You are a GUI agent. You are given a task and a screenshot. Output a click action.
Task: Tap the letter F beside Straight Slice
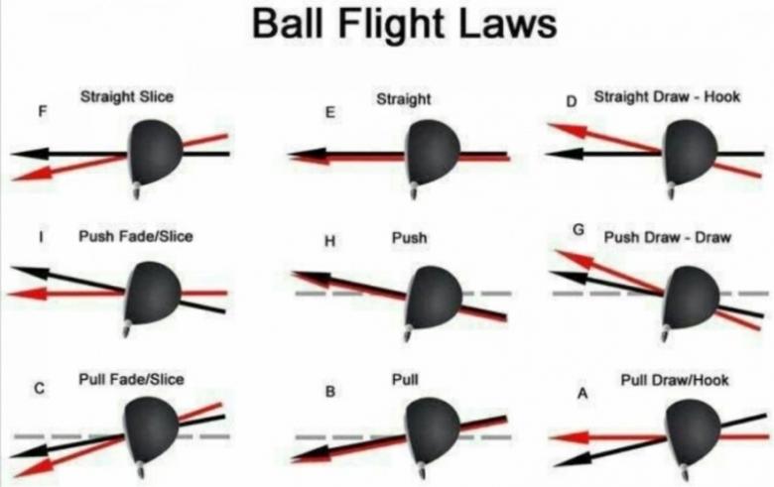pyautogui.click(x=41, y=111)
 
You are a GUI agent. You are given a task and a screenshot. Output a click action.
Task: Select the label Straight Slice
pyautogui.click(x=126, y=96)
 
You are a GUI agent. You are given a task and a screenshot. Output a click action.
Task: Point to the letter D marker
pyautogui.click(x=571, y=101)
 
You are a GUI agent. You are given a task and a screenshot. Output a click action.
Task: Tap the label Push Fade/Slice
pyautogui.click(x=135, y=237)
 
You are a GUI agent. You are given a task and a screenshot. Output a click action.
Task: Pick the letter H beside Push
pyautogui.click(x=330, y=240)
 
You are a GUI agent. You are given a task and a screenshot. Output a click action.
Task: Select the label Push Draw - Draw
pyautogui.click(x=667, y=238)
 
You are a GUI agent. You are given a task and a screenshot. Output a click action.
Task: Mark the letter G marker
pyautogui.click(x=579, y=231)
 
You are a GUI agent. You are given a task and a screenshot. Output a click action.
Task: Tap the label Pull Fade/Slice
pyautogui.click(x=131, y=379)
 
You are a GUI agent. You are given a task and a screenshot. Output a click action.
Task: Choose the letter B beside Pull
pyautogui.click(x=330, y=392)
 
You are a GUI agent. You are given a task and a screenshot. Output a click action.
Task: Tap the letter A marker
pyautogui.click(x=582, y=394)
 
